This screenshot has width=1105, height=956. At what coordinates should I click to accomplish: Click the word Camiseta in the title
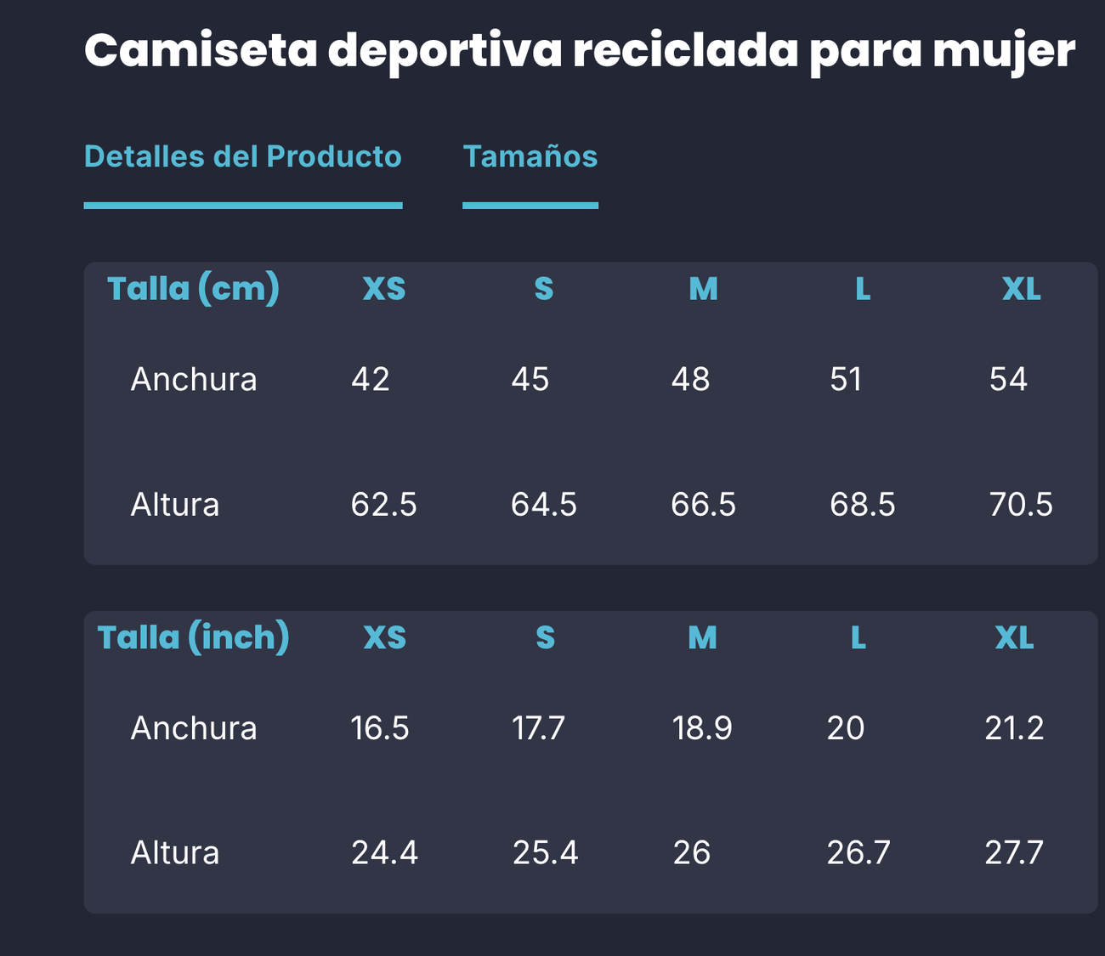(x=201, y=51)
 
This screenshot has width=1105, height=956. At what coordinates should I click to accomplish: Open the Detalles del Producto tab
(x=242, y=157)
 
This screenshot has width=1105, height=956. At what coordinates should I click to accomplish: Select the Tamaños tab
(x=530, y=157)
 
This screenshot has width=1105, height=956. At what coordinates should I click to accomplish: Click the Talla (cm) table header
(x=193, y=289)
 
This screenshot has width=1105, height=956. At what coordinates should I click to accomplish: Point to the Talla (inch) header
(x=193, y=637)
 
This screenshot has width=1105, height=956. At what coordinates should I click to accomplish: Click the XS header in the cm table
(x=384, y=290)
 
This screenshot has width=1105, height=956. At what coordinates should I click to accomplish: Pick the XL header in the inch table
(x=1014, y=638)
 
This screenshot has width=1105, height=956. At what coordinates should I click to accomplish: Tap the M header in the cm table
(x=703, y=290)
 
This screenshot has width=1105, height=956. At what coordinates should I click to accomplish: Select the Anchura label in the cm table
(x=194, y=379)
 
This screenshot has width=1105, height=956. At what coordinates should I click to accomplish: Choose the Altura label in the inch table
(x=175, y=852)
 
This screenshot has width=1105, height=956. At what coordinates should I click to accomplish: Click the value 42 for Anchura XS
(x=371, y=379)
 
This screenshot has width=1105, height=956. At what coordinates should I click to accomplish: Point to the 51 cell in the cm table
(x=846, y=379)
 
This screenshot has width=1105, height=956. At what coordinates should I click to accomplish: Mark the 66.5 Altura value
(x=703, y=505)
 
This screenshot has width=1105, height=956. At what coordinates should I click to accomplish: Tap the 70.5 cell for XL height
(x=1021, y=505)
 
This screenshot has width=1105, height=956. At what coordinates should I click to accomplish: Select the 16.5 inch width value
(x=380, y=728)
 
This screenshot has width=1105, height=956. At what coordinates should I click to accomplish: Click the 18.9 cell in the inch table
(x=702, y=728)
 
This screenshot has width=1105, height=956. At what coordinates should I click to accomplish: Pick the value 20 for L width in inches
(x=846, y=728)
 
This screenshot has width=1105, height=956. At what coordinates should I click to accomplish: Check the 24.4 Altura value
(x=384, y=852)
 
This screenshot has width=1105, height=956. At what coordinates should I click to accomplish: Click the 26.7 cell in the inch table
(x=858, y=852)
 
